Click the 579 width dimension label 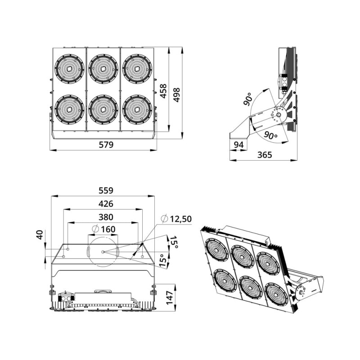[x=106, y=144]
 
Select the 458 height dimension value [x=163, y=91]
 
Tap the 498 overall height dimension [x=176, y=95]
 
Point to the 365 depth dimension [x=265, y=155]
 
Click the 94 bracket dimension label [x=238, y=144]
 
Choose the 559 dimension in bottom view [x=106, y=190]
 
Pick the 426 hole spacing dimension [x=106, y=204]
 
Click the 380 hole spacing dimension [x=106, y=217]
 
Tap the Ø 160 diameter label [x=103, y=229]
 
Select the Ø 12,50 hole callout [x=176, y=219]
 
